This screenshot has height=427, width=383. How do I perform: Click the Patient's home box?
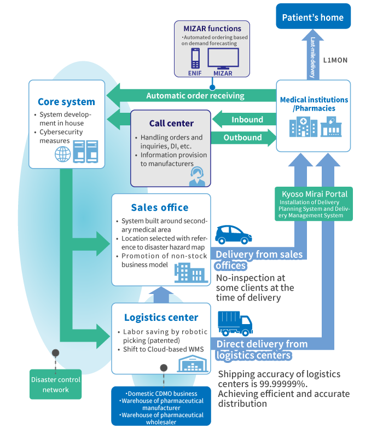point(312,18)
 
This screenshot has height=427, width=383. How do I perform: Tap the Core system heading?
point(66,102)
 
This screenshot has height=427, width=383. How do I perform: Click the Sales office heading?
point(160,207)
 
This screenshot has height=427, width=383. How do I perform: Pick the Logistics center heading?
point(160,318)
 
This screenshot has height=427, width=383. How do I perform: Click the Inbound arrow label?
point(247,119)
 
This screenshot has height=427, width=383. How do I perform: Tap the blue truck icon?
point(235,323)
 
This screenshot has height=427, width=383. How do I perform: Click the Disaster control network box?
point(55,384)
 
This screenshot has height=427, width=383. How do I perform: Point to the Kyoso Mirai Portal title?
point(313,194)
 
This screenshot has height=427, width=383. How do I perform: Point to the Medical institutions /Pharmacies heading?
point(314,104)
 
